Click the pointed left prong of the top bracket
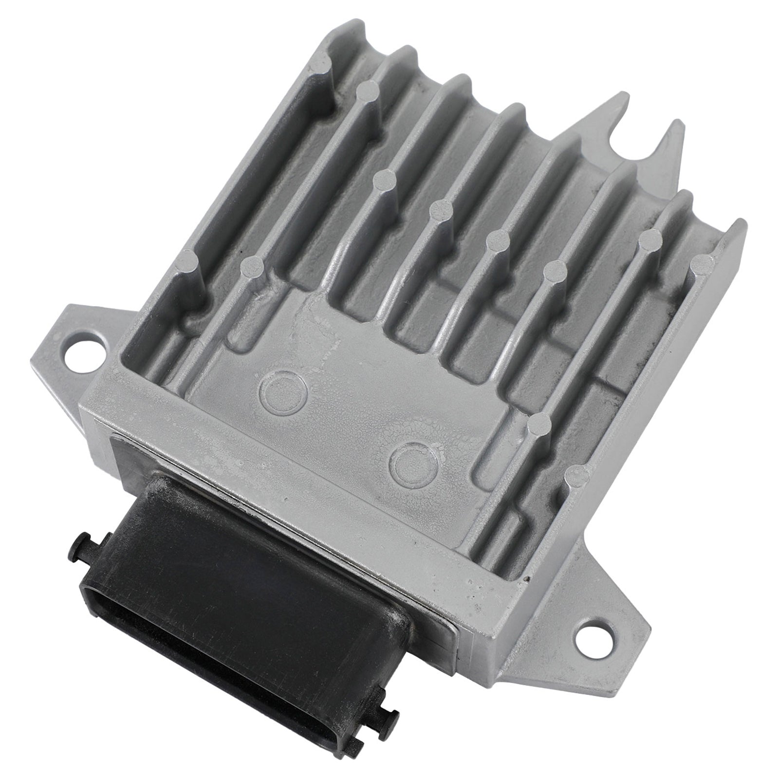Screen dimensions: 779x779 612,105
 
